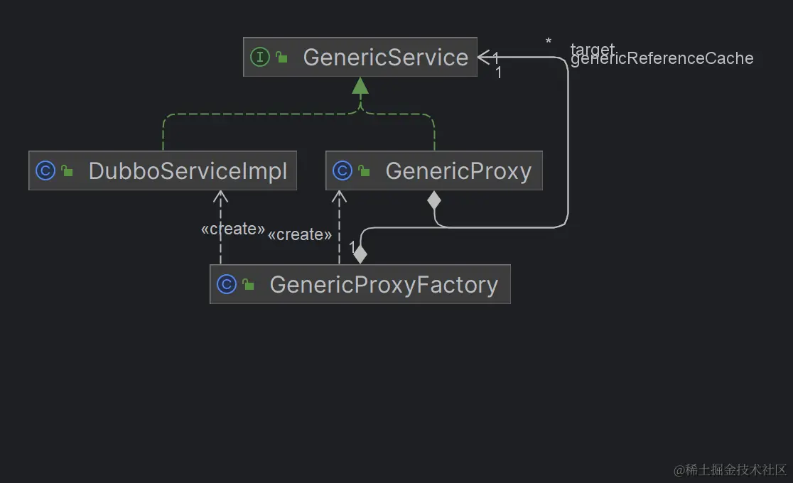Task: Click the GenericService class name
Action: point(385,58)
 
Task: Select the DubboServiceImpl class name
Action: point(188,171)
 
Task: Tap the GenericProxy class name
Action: point(458,171)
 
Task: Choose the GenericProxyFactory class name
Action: point(384,285)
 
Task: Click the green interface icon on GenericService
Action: point(260,58)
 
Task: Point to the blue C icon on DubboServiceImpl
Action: point(45,171)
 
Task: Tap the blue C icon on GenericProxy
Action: point(342,171)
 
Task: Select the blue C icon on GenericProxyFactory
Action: point(227,285)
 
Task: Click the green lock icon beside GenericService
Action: point(281,58)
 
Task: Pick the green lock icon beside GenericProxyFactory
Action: point(248,285)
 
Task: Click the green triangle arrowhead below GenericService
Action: point(360,86)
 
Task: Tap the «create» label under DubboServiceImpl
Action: point(233,229)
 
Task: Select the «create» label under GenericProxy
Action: point(300,234)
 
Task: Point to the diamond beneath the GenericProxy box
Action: point(434,200)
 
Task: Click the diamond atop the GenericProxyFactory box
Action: point(360,254)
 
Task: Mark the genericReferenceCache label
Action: point(662,59)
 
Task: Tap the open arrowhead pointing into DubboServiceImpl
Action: point(221,197)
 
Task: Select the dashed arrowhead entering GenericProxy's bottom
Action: point(340,197)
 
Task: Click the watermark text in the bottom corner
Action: point(730,470)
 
